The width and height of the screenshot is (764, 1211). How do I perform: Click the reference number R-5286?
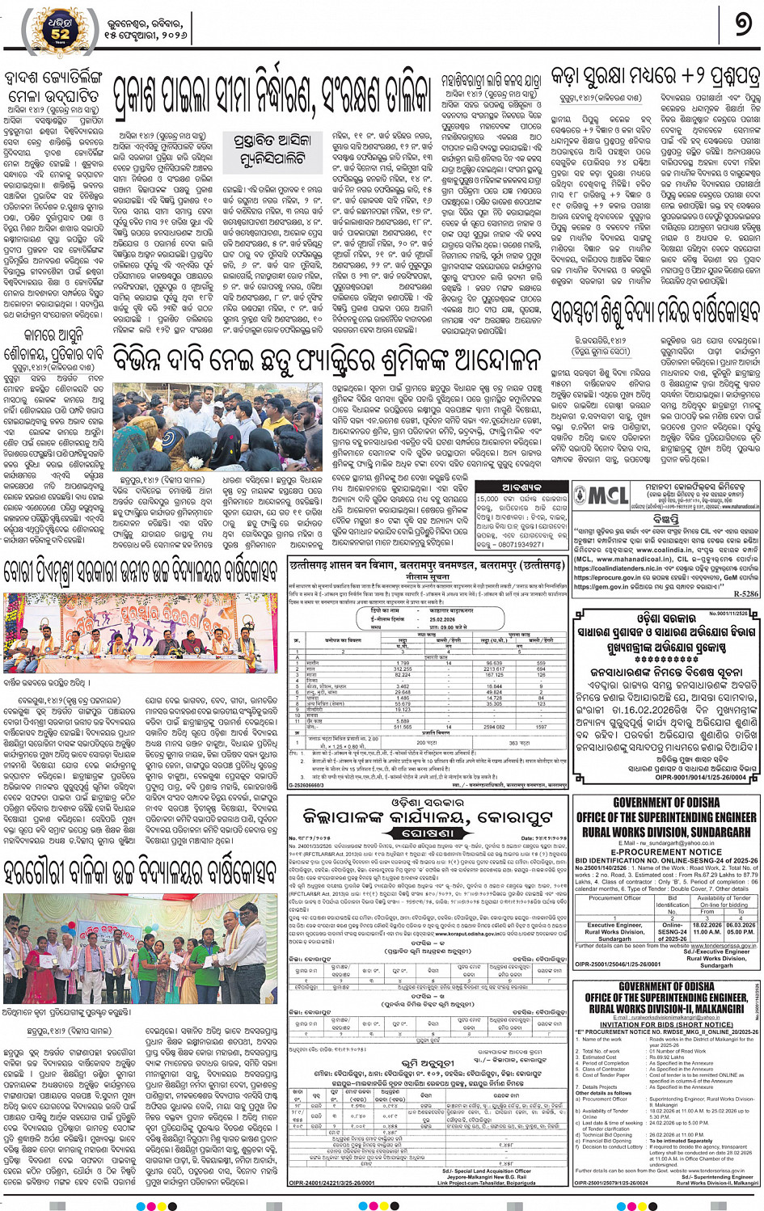(x=745, y=593)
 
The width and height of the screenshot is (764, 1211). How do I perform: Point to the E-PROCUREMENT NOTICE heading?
(x=666, y=851)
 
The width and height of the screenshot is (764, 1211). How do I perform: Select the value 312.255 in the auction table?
(x=402, y=669)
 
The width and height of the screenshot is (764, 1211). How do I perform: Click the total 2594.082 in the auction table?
(x=494, y=727)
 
